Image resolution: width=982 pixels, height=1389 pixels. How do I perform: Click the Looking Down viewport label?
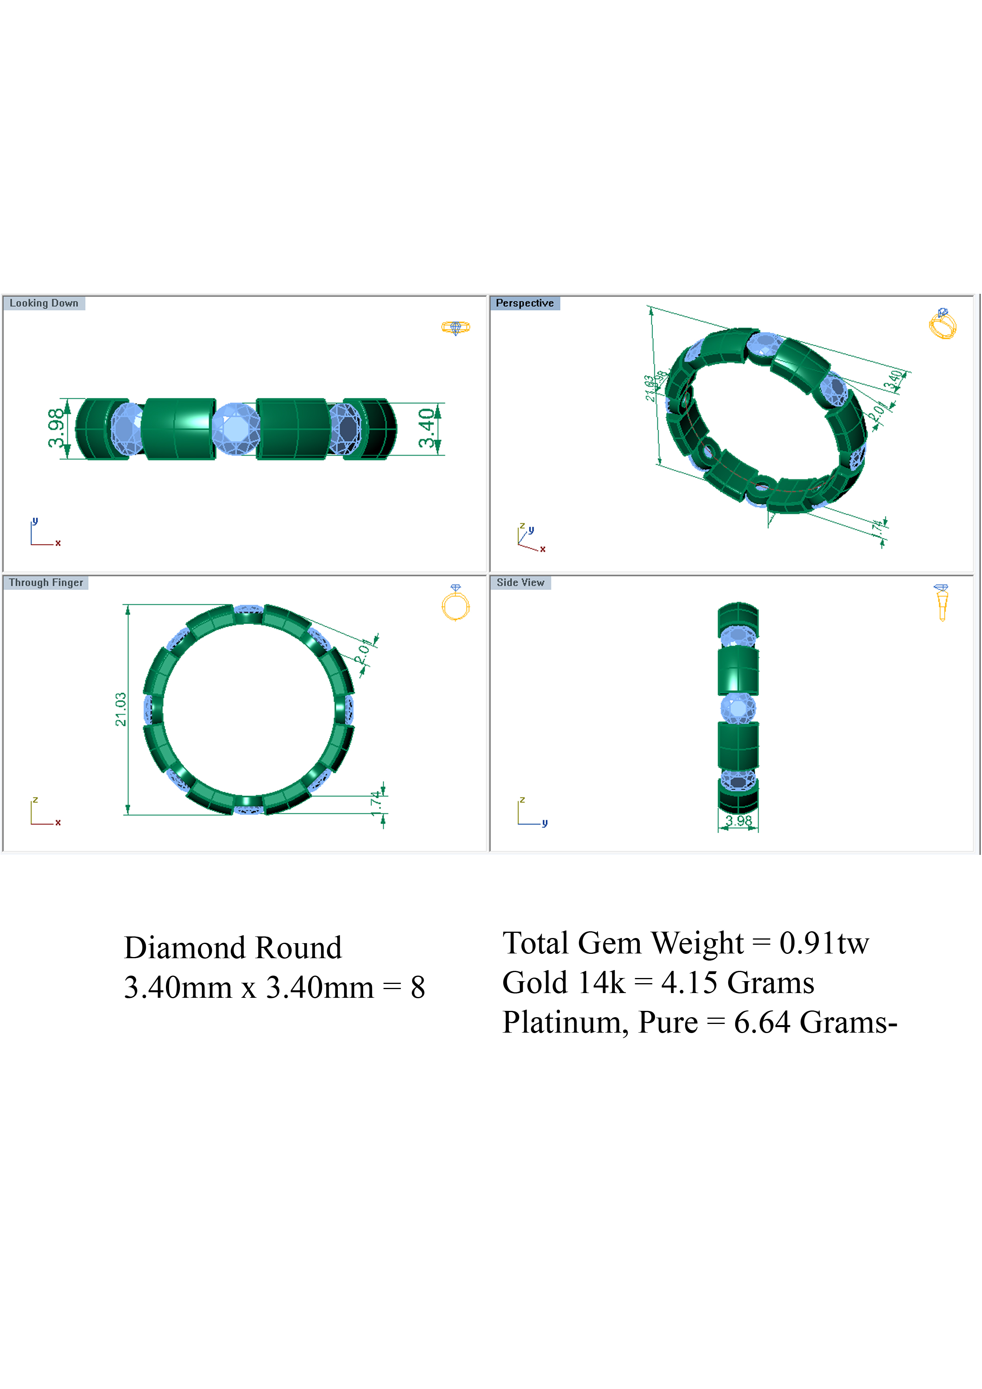(x=44, y=303)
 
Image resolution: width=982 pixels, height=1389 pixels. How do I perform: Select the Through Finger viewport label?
(x=46, y=582)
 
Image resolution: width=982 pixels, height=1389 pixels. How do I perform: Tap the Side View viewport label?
(x=520, y=582)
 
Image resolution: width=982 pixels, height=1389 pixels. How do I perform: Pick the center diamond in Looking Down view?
(x=235, y=428)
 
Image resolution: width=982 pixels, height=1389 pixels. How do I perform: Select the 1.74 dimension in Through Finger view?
(x=376, y=803)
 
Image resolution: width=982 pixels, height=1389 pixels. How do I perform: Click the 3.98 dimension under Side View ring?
(x=738, y=821)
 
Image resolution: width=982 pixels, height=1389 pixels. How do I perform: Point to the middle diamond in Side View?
(x=738, y=708)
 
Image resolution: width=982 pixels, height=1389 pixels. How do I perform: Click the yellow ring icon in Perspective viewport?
(x=942, y=323)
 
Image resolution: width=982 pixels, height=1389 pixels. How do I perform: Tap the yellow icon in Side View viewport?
(x=942, y=602)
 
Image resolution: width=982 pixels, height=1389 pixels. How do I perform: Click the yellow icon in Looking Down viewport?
(x=456, y=328)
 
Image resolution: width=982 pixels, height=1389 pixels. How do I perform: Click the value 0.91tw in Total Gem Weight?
(x=824, y=943)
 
